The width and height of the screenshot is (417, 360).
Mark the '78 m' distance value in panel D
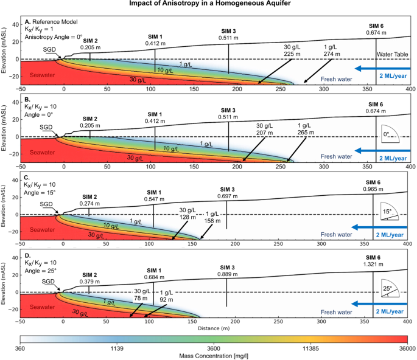click(142, 297)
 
